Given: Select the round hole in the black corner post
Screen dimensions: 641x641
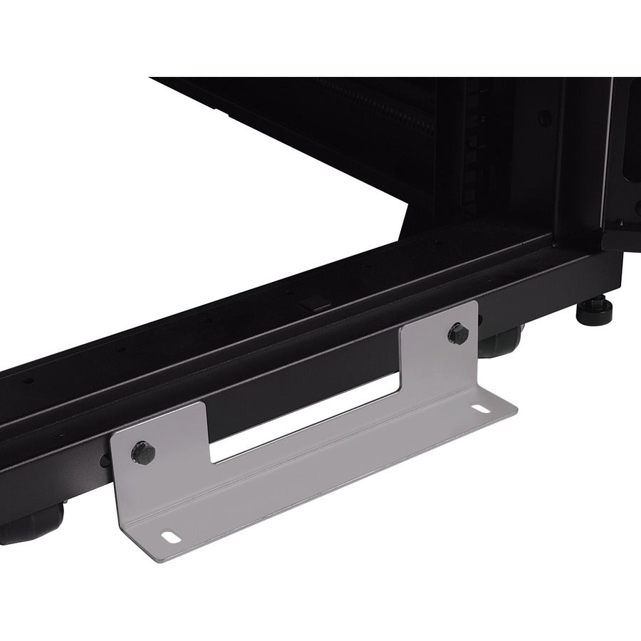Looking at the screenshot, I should (544, 118).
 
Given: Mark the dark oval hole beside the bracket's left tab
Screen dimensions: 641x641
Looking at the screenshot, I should (105, 461).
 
